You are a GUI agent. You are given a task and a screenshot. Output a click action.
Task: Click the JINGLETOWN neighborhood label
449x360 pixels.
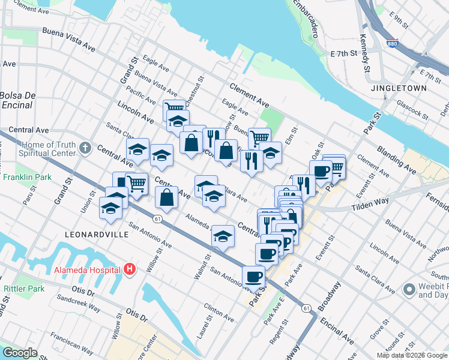pos(399,88)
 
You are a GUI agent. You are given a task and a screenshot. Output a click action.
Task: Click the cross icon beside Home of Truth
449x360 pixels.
pos(86,148)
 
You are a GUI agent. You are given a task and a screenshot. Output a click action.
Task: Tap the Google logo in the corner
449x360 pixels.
pos(20,353)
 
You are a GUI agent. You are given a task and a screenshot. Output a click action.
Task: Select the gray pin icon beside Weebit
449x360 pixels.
pos(409,290)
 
